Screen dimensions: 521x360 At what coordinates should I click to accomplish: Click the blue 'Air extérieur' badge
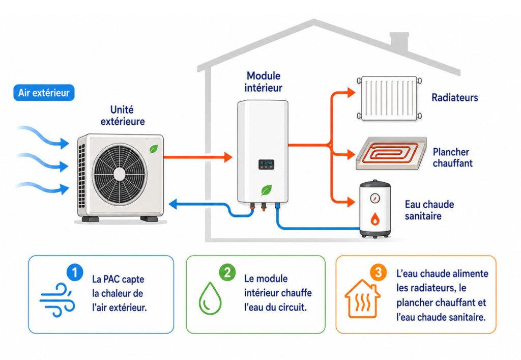pyautogui.click(x=44, y=92)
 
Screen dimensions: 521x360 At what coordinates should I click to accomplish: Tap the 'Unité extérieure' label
pyautogui.click(x=123, y=116)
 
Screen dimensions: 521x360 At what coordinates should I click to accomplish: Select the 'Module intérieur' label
pyautogui.click(x=263, y=82)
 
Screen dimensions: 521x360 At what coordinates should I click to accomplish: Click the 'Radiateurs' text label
pyautogui.click(x=454, y=97)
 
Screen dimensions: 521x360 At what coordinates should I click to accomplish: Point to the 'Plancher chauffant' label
pyautogui.click(x=452, y=157)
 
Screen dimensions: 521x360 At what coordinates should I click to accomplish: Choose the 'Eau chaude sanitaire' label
pyautogui.click(x=429, y=210)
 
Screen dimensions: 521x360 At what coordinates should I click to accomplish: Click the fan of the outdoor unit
pyautogui.click(x=119, y=174)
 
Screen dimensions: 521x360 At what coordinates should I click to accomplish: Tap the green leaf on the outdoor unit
pyautogui.click(x=154, y=149)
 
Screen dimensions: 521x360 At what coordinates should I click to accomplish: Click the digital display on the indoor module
pyautogui.click(x=267, y=164)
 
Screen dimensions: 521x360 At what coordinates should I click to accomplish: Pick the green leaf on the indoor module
pyautogui.click(x=266, y=190)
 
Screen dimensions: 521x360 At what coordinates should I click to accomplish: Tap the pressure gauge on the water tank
pyautogui.click(x=375, y=198)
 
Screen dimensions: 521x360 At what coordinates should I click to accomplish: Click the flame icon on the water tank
pyautogui.click(x=375, y=218)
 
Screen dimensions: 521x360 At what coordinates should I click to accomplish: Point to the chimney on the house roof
pyautogui.click(x=399, y=42)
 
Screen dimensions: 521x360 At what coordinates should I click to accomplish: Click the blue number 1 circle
pyautogui.click(x=75, y=272)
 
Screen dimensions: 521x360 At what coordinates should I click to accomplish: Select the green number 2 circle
pyautogui.click(x=227, y=272)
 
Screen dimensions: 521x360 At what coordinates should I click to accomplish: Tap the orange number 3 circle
pyautogui.click(x=378, y=272)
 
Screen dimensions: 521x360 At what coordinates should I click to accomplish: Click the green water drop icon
pyautogui.click(x=210, y=298)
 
